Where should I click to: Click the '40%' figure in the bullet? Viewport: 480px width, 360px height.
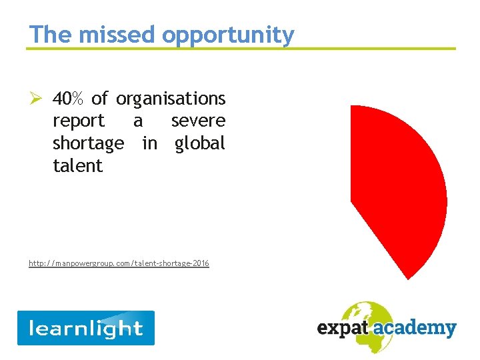pos(69,99)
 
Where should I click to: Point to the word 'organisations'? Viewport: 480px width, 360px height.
pos(171,99)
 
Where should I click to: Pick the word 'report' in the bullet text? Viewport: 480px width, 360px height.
pos(79,121)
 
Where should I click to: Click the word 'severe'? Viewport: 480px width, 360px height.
pos(198,121)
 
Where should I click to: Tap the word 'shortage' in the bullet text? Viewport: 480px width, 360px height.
pos(88,143)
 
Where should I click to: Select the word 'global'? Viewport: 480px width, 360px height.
pos(200,143)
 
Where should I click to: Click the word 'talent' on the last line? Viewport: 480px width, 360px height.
pos(77,165)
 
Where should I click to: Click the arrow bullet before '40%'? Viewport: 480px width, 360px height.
pos(37,99)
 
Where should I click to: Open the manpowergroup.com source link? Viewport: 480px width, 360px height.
pos(119,263)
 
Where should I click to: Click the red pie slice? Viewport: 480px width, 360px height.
pos(400,187)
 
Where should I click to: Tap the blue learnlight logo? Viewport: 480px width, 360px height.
pos(85,328)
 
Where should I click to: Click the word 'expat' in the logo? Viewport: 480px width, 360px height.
pos(341,328)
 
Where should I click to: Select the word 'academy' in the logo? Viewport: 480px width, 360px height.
pos(419,328)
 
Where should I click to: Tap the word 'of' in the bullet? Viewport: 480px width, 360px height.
pos(99,99)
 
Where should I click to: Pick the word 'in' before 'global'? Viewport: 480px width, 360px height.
pos(149,143)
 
